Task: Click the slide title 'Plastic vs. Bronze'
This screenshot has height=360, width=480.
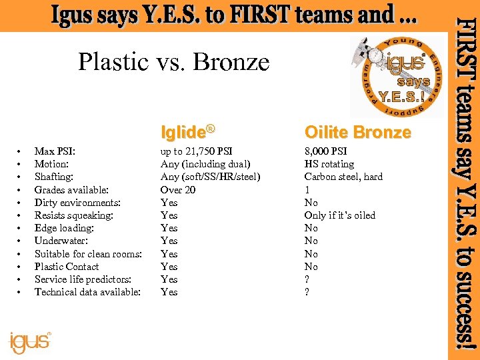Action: click(x=173, y=62)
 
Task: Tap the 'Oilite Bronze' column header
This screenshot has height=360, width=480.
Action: click(x=357, y=132)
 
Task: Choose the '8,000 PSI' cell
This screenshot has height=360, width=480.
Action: click(x=325, y=151)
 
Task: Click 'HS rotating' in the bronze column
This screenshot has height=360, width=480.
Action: click(x=329, y=164)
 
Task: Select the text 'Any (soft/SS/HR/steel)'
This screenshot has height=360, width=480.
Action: click(x=211, y=177)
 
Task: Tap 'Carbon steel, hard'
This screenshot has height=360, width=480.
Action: click(x=343, y=177)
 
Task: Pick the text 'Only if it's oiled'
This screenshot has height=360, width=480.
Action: click(x=340, y=215)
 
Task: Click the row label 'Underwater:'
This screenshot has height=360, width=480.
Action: click(x=61, y=241)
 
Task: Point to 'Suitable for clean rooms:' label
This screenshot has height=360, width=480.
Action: click(x=88, y=254)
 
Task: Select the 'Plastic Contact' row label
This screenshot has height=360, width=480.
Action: click(x=67, y=267)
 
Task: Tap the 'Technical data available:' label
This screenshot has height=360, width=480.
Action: click(x=87, y=292)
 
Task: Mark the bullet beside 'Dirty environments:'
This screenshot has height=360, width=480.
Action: click(x=21, y=203)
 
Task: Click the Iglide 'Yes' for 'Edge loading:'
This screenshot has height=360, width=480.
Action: click(x=169, y=228)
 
